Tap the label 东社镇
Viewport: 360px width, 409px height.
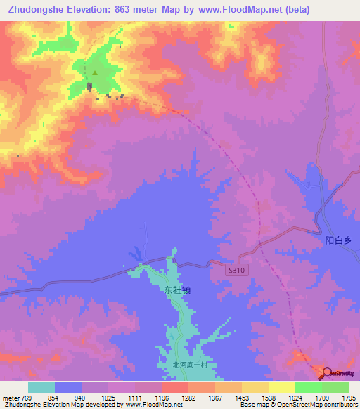pyautogui.click(x=177, y=290)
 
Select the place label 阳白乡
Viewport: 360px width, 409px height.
pyautogui.click(x=337, y=240)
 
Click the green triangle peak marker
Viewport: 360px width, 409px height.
pyautogui.click(x=95, y=72)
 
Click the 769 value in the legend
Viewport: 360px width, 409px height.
pyautogui.click(x=26, y=397)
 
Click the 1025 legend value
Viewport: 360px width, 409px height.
pyautogui.click(x=108, y=397)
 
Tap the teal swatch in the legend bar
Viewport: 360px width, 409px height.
pyautogui.click(x=41, y=387)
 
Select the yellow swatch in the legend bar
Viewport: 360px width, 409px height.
pyautogui.click(x=282, y=387)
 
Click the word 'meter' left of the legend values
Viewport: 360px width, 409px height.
pyautogui.click(x=10, y=397)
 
